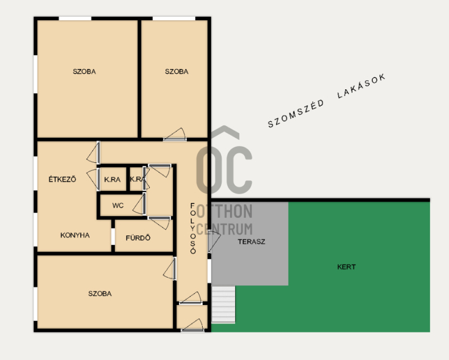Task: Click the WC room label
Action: click(x=118, y=206)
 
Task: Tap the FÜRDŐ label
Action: click(x=138, y=238)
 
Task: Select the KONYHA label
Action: click(x=75, y=235)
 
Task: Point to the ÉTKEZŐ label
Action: click(x=62, y=179)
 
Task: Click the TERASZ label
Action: click(x=251, y=241)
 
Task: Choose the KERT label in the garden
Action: click(x=346, y=267)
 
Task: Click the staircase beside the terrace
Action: click(x=223, y=304)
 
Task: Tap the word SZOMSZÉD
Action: click(x=296, y=114)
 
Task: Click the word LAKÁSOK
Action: click(x=361, y=86)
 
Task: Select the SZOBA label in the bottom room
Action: click(x=100, y=294)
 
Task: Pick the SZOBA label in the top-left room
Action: click(x=84, y=71)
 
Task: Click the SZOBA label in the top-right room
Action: click(x=177, y=71)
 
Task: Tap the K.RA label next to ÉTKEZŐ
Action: click(x=112, y=180)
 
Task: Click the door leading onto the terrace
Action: click(x=213, y=241)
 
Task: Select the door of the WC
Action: click(x=139, y=204)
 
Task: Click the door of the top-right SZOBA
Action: click(x=175, y=135)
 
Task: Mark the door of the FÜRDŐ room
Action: click(x=159, y=222)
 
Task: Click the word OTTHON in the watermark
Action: click(x=224, y=212)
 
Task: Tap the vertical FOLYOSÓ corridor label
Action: click(x=193, y=229)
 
